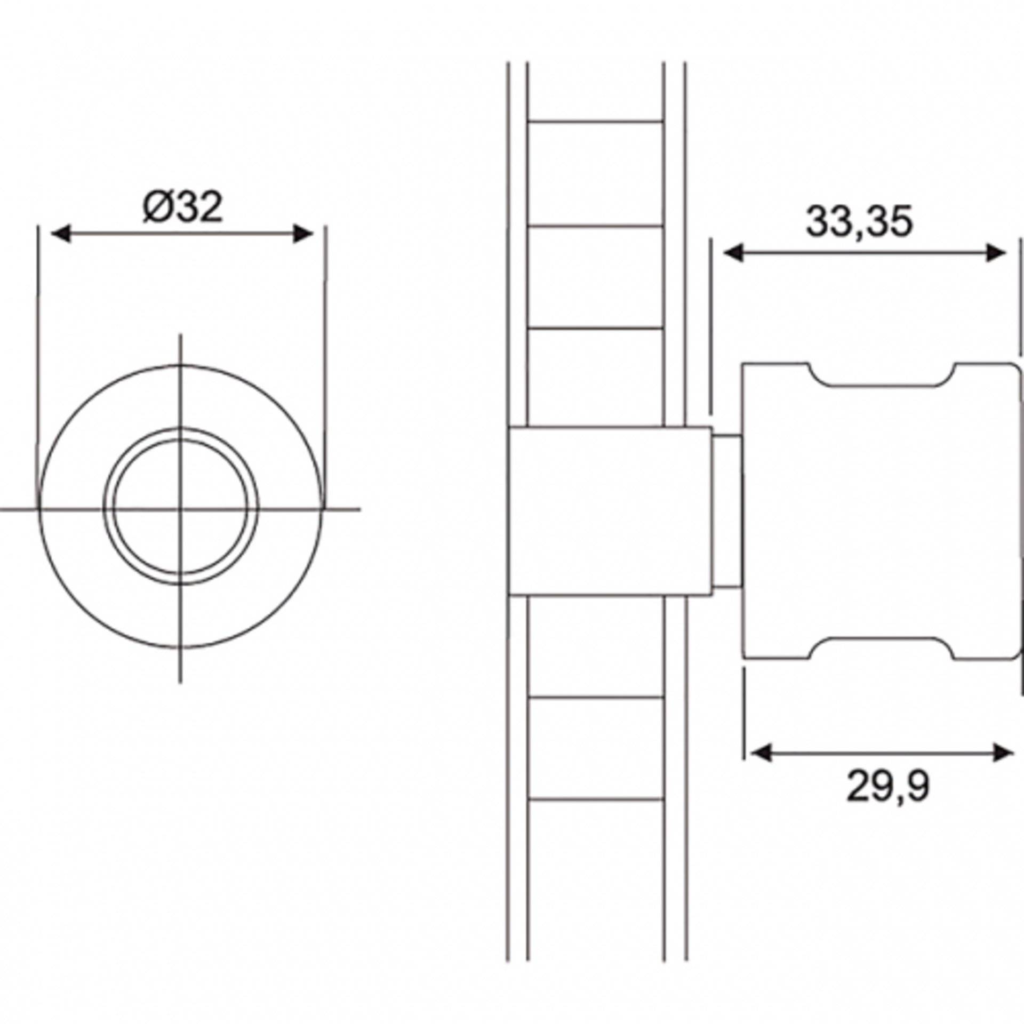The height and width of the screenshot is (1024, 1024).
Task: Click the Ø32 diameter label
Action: (182, 207)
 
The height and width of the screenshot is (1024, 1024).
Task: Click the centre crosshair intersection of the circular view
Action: (180, 509)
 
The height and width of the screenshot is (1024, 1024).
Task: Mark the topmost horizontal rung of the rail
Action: (596, 122)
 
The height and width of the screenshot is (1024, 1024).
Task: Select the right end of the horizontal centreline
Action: (358, 509)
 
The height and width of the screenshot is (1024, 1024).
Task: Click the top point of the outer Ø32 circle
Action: (180, 365)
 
